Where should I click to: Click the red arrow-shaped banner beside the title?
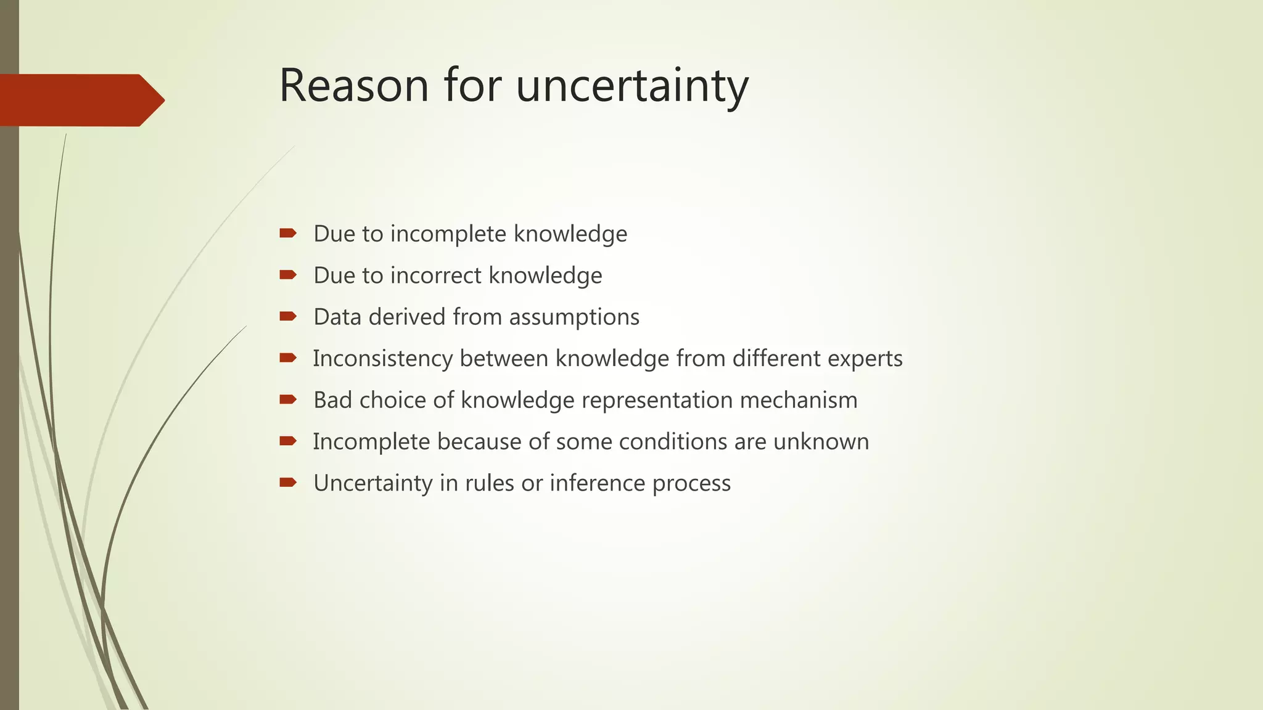click(80, 100)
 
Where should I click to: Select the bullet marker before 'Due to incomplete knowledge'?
click(288, 233)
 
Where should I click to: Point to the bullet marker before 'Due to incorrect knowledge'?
click(288, 275)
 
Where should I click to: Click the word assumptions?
click(574, 317)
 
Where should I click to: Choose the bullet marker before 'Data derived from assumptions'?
click(288, 316)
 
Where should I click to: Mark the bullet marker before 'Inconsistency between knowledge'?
click(288, 358)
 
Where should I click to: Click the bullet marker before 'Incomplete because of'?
click(288, 441)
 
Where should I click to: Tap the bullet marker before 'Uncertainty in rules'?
click(288, 482)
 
